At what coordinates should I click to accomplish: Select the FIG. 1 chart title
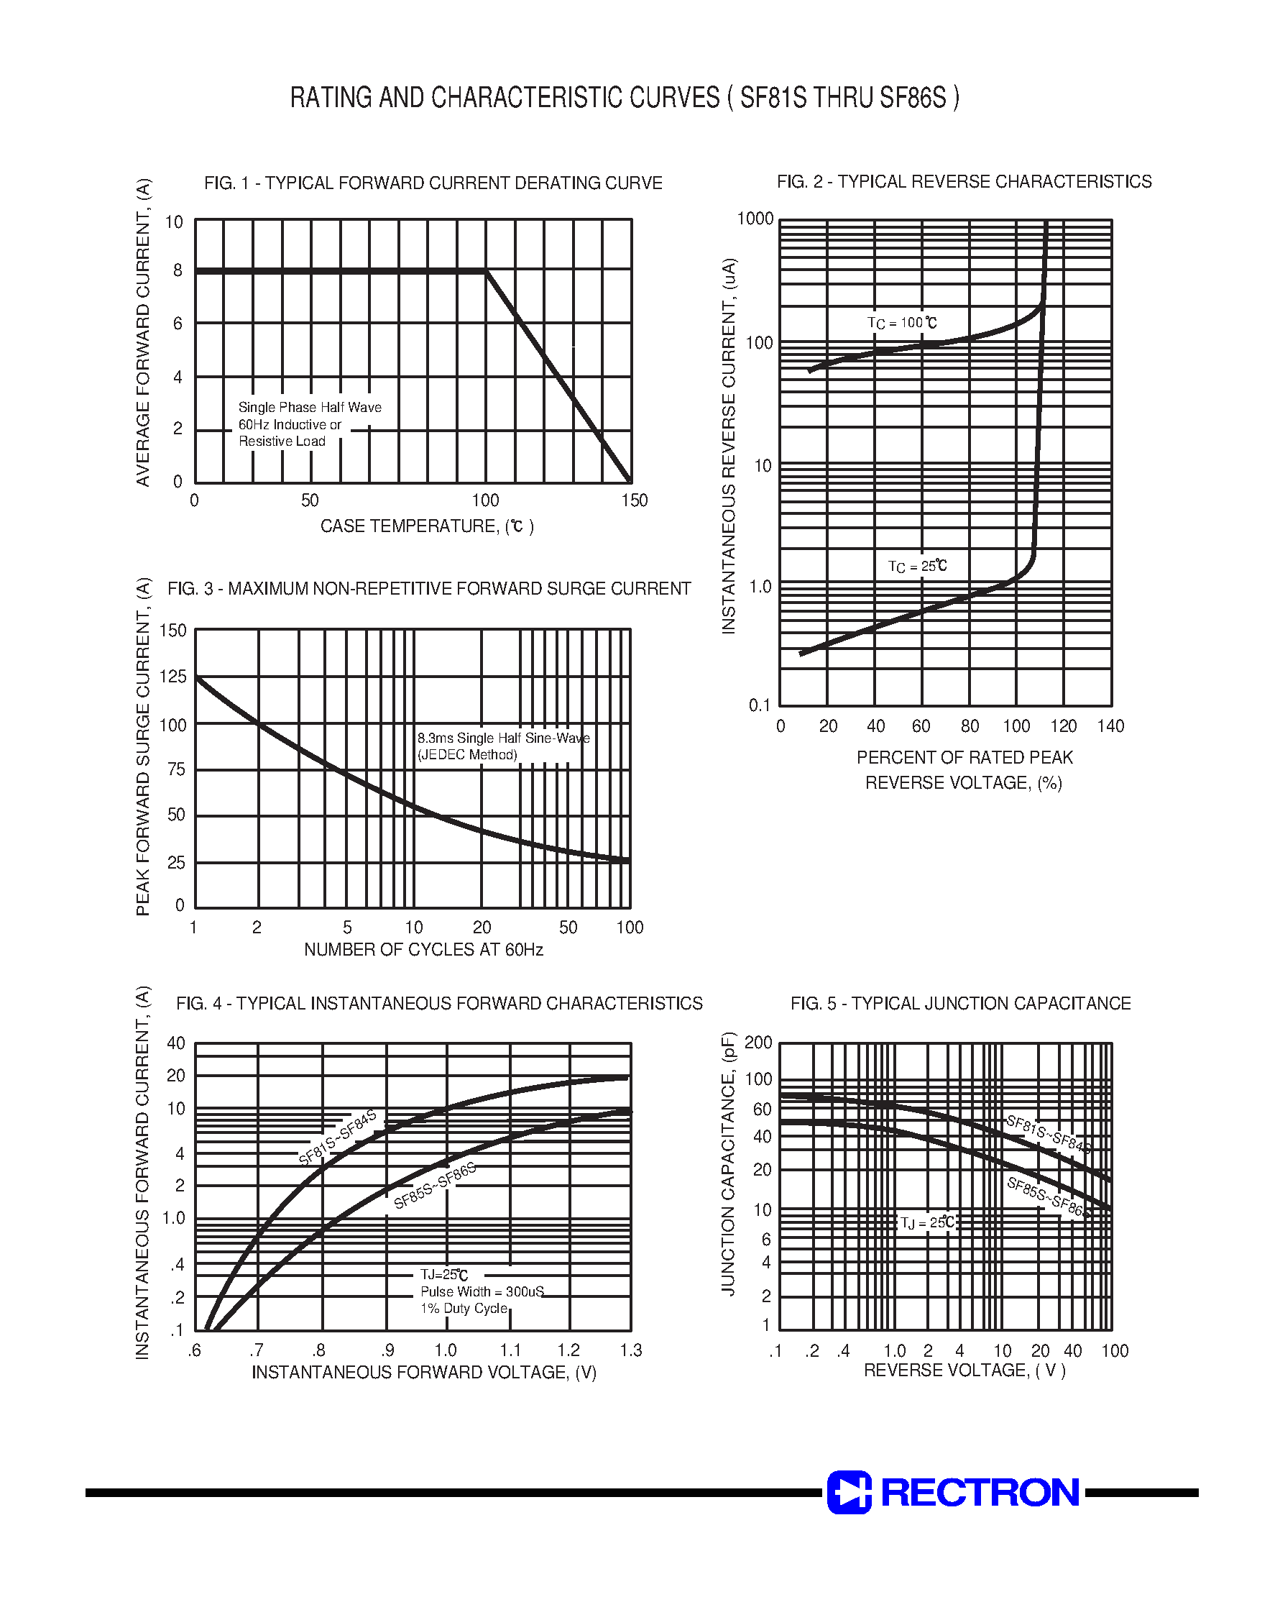[x=433, y=183]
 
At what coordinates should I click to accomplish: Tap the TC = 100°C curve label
[x=901, y=323]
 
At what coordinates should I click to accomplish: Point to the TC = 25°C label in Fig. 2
[x=917, y=567]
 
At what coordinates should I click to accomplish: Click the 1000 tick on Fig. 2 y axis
[x=755, y=219]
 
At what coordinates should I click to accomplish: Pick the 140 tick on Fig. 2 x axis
[x=1110, y=726]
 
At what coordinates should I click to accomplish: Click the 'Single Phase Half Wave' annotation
[x=310, y=408]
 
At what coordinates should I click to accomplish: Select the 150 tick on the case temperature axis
[x=634, y=500]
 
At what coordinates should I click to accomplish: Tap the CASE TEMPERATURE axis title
[x=426, y=527]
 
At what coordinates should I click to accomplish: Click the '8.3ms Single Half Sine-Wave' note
[x=503, y=738]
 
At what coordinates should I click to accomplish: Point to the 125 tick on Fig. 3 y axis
[x=173, y=677]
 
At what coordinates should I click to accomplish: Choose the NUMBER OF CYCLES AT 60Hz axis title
[x=423, y=951]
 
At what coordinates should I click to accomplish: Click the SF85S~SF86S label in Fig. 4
[x=435, y=1186]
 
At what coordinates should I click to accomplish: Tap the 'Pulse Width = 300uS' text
[x=482, y=1291]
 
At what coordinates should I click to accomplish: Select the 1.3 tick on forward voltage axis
[x=631, y=1351]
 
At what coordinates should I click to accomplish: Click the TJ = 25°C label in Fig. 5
[x=927, y=1223]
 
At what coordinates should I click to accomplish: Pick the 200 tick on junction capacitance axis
[x=758, y=1043]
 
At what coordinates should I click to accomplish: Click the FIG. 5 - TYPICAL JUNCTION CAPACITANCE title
[x=960, y=1004]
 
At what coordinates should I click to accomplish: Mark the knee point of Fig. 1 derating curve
[x=486, y=270]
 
